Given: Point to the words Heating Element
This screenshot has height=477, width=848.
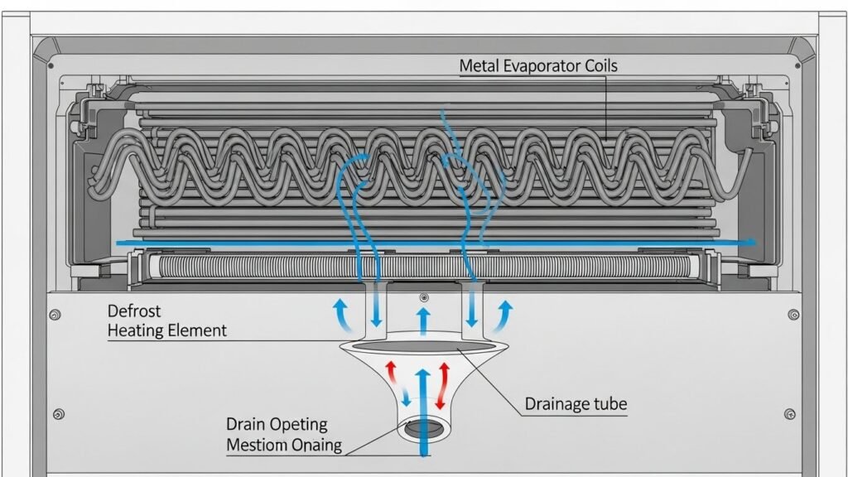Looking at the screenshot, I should coord(166,330).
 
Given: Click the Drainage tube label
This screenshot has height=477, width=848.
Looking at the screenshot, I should coord(576,405).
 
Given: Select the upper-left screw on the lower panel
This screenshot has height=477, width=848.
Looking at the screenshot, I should coord(55,315).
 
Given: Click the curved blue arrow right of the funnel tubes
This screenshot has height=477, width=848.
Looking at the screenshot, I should coord(504,315).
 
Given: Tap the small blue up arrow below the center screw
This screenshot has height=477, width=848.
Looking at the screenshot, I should coord(423,318).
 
